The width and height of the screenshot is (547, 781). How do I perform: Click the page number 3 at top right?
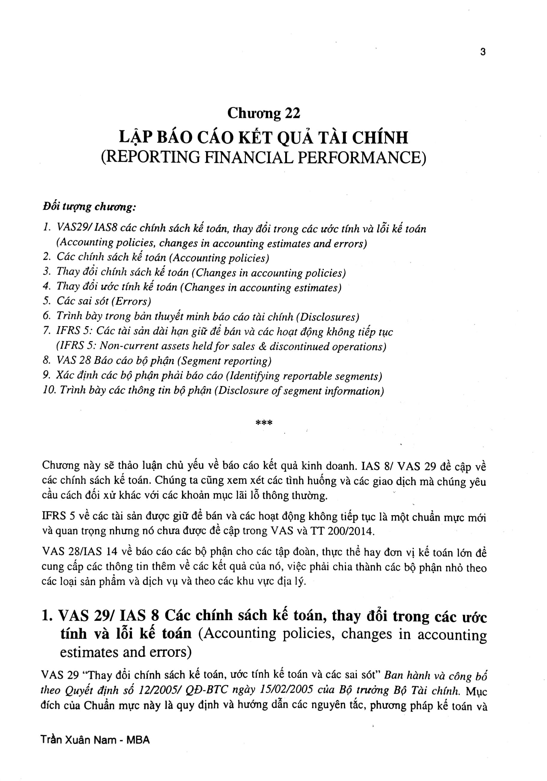coord(483,52)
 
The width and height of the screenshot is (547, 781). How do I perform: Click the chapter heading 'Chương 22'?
coord(264,113)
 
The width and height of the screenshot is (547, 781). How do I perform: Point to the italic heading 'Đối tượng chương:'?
coord(89,207)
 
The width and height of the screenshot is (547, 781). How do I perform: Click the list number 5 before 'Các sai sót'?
coord(47,301)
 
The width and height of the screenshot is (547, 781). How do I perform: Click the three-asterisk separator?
coord(264,423)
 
